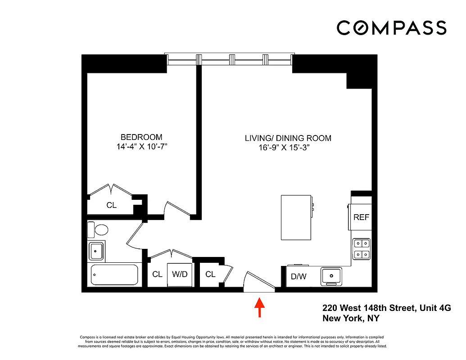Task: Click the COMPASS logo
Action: [391, 28]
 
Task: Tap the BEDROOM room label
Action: [141, 137]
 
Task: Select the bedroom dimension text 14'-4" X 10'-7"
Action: [141, 147]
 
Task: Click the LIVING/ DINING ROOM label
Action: [288, 138]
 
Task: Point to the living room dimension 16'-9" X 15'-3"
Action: [283, 148]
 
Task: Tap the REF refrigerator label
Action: [361, 217]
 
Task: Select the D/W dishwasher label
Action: [298, 276]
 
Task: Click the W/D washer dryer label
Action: [180, 274]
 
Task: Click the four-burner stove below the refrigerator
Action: [361, 249]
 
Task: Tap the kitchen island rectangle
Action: [296, 217]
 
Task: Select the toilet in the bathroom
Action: [99, 229]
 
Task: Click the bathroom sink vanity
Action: [96, 251]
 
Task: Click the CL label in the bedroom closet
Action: [111, 205]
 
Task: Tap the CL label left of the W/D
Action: [157, 274]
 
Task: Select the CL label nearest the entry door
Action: [210, 274]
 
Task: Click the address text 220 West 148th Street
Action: [386, 308]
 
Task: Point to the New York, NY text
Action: [351, 319]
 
